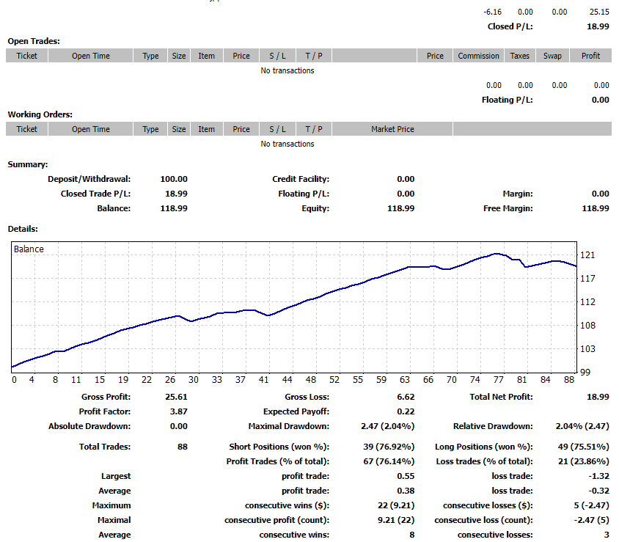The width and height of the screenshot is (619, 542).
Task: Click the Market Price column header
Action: click(x=392, y=129)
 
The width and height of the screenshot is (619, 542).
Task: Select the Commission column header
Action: click(x=478, y=56)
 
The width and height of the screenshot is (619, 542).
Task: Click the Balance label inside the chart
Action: click(x=29, y=249)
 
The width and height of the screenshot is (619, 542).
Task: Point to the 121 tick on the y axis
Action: click(x=587, y=255)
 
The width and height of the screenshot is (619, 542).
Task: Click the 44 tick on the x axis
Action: click(x=287, y=380)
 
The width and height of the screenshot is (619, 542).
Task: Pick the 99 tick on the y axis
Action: click(x=585, y=373)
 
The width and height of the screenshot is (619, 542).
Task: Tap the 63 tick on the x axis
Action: click(x=404, y=380)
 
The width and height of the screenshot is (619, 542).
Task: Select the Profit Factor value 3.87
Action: click(x=177, y=412)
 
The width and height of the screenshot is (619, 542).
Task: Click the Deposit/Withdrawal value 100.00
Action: click(x=174, y=179)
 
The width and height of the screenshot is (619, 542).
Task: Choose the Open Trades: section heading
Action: click(x=34, y=42)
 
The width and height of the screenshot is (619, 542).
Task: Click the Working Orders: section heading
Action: click(x=40, y=114)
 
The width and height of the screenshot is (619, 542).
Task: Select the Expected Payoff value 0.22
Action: click(x=406, y=412)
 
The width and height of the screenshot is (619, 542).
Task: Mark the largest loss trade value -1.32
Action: click(x=598, y=476)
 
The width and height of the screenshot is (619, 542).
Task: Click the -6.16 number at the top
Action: click(x=493, y=12)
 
